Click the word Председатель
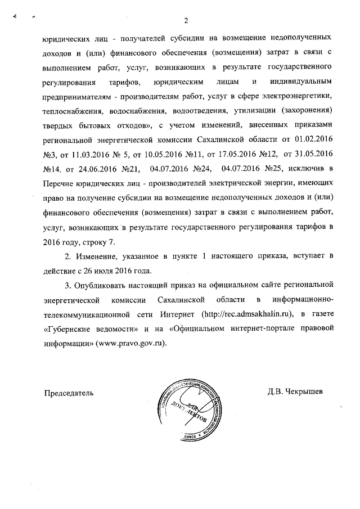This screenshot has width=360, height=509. point(68,393)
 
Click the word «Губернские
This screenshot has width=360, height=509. point(70,328)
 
